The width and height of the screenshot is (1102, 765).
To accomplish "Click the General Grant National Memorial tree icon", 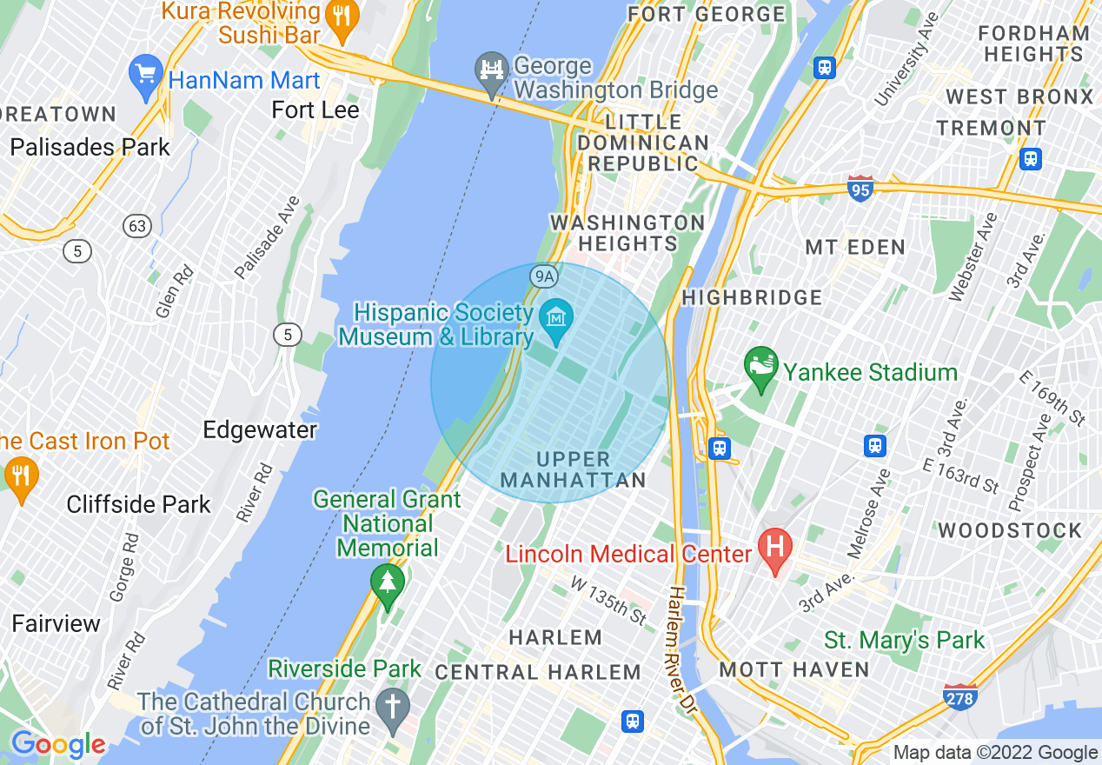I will coord(387,585).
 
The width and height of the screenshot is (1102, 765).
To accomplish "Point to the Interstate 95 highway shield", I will coord(860,188).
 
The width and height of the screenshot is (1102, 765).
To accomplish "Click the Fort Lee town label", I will coord(315,110).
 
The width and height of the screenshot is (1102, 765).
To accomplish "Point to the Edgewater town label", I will coord(260,429).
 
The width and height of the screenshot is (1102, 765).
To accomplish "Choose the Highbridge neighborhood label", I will coord(752,297).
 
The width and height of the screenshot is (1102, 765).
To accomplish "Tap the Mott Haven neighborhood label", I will coord(794,669).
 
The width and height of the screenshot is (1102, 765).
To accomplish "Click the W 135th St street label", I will coord(609,600).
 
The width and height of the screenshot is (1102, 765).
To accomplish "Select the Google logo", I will coord(57,744).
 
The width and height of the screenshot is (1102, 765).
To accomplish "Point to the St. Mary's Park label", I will coord(904,641).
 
